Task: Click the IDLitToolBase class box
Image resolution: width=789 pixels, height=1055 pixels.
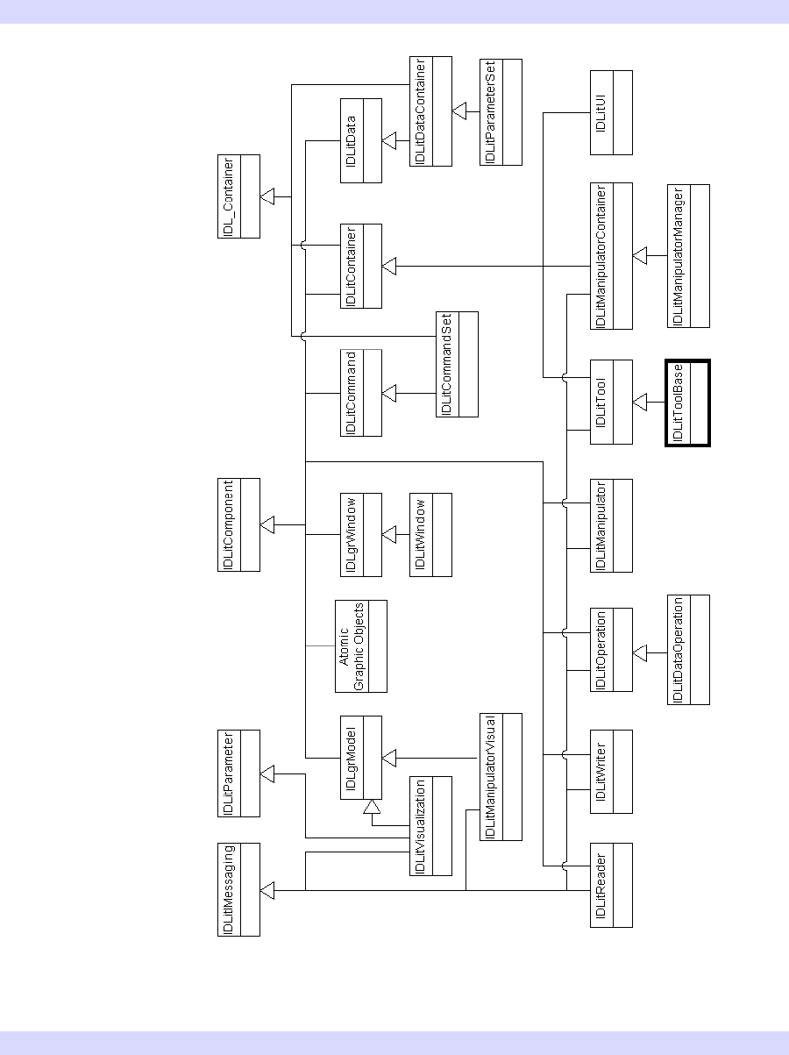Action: click(x=687, y=403)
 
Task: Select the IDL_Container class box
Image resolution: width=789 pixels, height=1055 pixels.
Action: click(x=238, y=196)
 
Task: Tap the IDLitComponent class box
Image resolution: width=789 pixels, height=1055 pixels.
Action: click(x=238, y=524)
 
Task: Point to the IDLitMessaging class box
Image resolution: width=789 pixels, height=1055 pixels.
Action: click(x=238, y=888)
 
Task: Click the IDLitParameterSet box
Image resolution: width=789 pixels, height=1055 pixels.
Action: click(x=501, y=111)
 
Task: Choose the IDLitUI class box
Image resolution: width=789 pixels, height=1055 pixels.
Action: click(x=611, y=111)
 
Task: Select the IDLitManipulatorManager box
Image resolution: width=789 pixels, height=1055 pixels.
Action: click(x=687, y=255)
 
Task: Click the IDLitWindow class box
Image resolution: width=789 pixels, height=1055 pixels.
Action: click(x=430, y=534)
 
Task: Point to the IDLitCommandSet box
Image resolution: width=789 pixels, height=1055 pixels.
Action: click(x=457, y=363)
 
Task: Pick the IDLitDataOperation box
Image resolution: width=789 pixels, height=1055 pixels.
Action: click(x=687, y=649)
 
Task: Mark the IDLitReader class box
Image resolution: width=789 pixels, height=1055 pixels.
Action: click(x=611, y=884)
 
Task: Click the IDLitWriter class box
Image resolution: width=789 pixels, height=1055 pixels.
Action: click(x=611, y=769)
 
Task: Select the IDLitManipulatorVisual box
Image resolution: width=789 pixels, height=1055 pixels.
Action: click(x=501, y=776)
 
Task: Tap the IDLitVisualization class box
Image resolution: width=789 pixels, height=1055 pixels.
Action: click(x=430, y=825)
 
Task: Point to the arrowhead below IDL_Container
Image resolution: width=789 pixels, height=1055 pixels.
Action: click(x=268, y=196)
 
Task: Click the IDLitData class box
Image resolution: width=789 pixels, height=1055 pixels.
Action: click(x=360, y=140)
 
